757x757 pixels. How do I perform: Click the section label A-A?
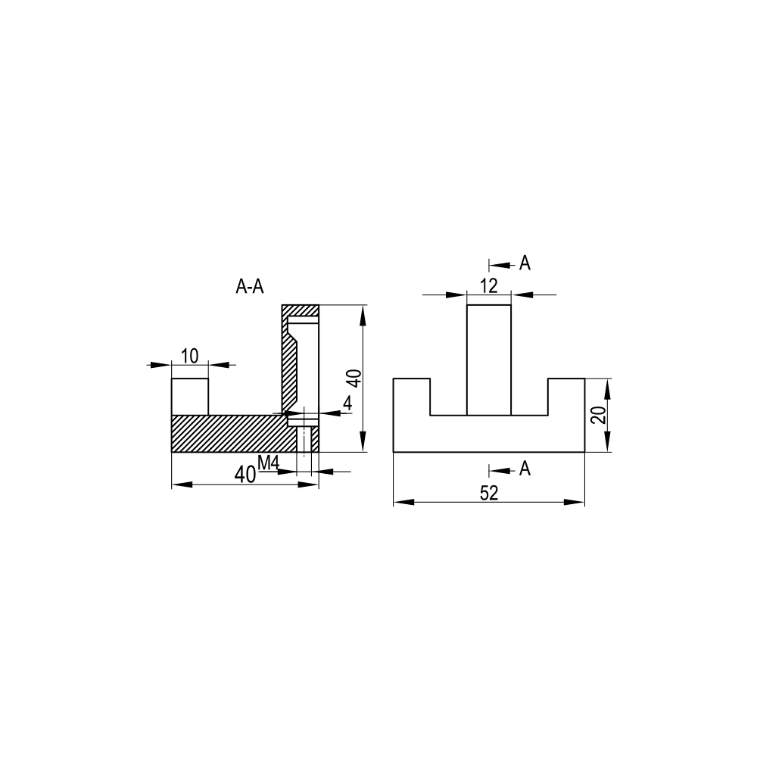[x=250, y=287]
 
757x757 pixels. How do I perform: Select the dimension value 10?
[x=190, y=357]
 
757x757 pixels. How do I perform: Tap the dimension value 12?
[x=489, y=286]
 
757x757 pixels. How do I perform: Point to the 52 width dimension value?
[x=489, y=493]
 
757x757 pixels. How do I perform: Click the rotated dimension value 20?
[x=599, y=415]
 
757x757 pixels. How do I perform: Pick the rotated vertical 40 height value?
[x=355, y=378]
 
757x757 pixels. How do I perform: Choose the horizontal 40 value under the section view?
[x=245, y=475]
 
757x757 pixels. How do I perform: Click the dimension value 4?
[x=347, y=403]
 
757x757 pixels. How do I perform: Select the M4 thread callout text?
[x=269, y=463]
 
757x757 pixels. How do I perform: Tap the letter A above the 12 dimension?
[x=525, y=263]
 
